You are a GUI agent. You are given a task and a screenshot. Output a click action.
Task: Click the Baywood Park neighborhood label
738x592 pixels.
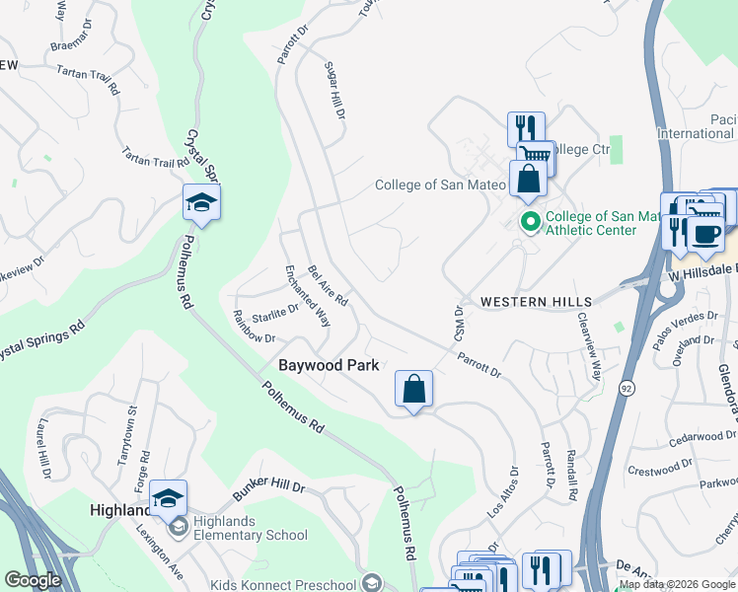[328, 365]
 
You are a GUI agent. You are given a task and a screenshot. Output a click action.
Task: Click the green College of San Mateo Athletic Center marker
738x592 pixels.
[531, 222]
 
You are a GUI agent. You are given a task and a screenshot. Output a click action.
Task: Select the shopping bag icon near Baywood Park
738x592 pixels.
[413, 389]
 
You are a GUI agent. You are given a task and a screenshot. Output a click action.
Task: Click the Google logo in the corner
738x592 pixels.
[33, 579]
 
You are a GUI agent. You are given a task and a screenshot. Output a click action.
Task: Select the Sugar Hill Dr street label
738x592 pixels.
[334, 93]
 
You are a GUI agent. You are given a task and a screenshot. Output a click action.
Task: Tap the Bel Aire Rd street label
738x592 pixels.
[329, 284]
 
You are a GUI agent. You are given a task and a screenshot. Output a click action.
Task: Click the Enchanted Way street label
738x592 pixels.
[307, 296]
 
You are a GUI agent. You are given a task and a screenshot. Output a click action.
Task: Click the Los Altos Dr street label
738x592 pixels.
[502, 493]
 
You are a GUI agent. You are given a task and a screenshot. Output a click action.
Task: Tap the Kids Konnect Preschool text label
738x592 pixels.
[283, 581]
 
